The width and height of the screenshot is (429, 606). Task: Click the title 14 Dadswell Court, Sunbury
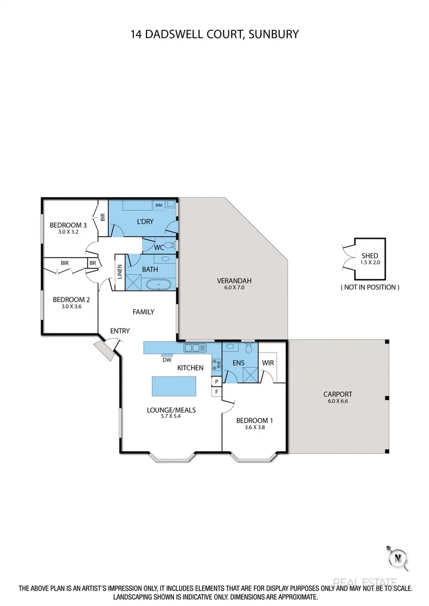[214, 34]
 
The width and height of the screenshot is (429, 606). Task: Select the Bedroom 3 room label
[67, 224]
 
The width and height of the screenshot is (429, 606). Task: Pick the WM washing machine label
[158, 204]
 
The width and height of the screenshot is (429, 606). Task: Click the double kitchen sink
[194, 347]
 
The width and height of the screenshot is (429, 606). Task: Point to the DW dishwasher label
[167, 360]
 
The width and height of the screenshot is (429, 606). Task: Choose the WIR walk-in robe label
[268, 363]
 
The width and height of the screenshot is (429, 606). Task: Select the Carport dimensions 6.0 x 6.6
[337, 401]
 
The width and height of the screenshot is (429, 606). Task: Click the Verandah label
[234, 280]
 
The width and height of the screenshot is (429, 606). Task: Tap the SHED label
[370, 256]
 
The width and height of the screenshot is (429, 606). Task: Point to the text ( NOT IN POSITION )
[370, 287]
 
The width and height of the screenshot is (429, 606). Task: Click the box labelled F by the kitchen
[216, 392]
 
